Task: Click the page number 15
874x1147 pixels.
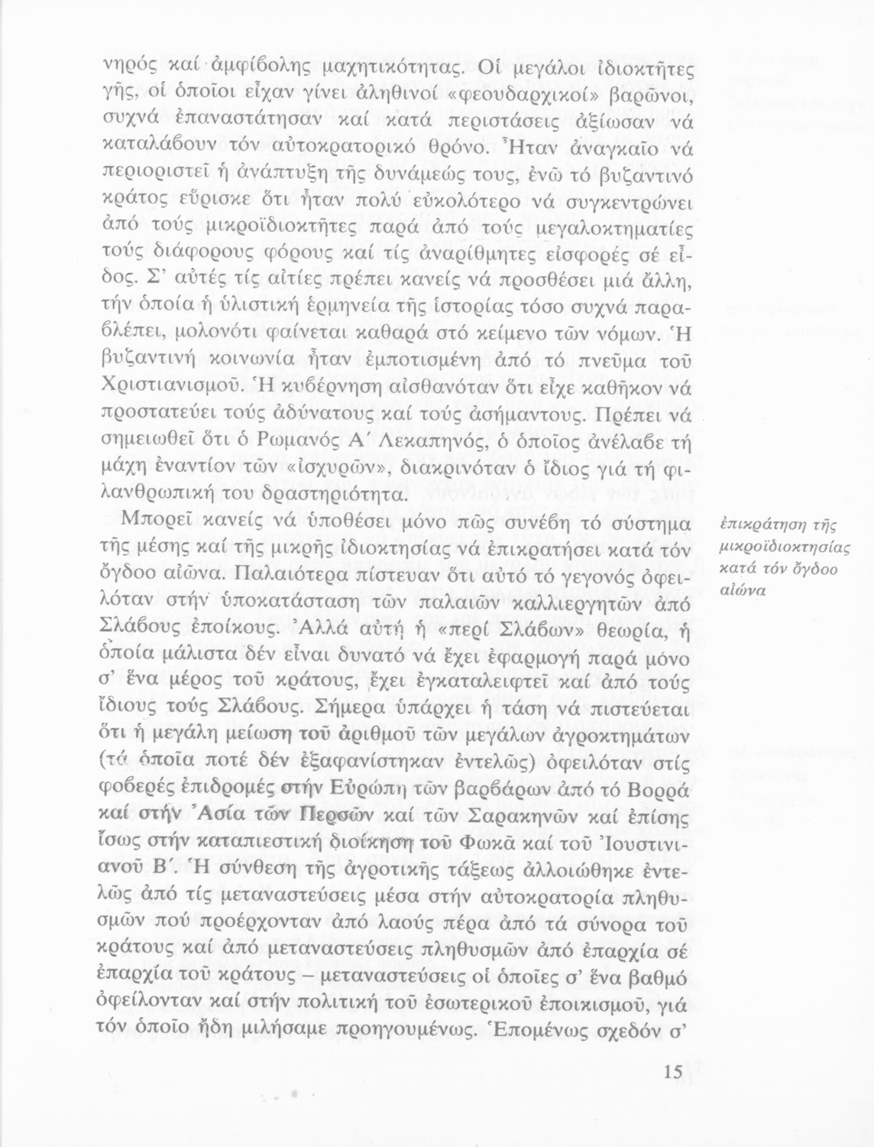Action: coord(672,1072)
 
